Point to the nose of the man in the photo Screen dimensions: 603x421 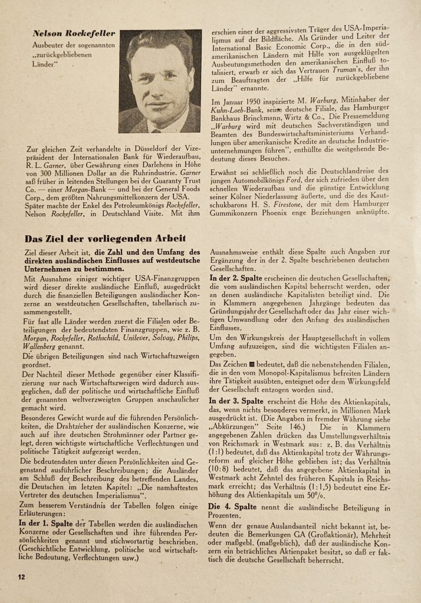158,78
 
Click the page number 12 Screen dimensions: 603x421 21,576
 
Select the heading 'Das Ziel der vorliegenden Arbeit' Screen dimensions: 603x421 104,239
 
